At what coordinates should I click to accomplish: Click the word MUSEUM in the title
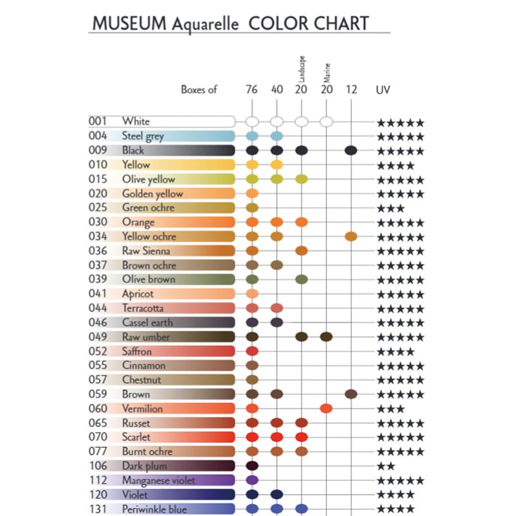point(130,24)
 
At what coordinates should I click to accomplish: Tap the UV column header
point(383,90)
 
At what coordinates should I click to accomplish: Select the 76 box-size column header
point(252,89)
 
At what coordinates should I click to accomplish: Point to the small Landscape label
point(302,69)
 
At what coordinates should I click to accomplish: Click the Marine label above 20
point(327,73)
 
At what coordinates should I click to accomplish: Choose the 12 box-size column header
point(351,89)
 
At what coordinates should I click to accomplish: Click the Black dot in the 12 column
point(351,150)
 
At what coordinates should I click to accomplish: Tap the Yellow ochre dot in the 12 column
point(351,236)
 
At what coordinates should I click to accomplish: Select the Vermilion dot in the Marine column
point(326,408)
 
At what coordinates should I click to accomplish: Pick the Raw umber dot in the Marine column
point(326,337)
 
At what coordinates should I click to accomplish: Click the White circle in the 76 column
point(252,122)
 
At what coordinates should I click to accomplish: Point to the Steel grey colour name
point(143,136)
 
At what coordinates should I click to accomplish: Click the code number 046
point(97,322)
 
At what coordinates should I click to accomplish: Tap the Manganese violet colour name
point(159,481)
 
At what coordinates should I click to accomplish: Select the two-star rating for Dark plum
point(386,466)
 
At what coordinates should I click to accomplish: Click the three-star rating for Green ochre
point(390,208)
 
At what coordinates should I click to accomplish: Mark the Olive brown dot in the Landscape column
point(302,279)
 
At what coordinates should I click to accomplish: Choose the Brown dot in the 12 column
point(351,394)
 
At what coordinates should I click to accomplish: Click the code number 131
point(99,509)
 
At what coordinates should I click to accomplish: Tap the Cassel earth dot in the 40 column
point(277,322)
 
